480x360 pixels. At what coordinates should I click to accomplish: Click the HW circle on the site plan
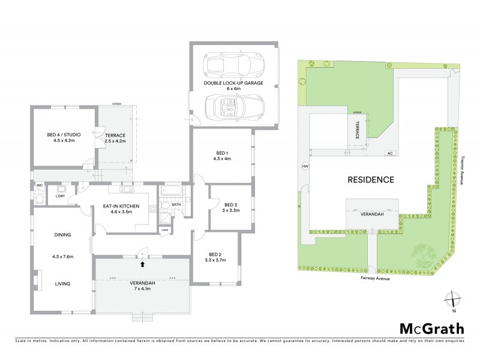(x=305, y=167)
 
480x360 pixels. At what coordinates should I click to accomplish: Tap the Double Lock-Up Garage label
(x=233, y=84)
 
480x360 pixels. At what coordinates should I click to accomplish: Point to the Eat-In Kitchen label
(x=121, y=209)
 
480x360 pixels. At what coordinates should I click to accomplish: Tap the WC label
(x=39, y=185)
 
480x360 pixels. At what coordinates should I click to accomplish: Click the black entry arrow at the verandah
(x=142, y=263)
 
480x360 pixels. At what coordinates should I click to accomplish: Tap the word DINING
(x=62, y=235)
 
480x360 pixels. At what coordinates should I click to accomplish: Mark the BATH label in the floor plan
(x=176, y=205)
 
